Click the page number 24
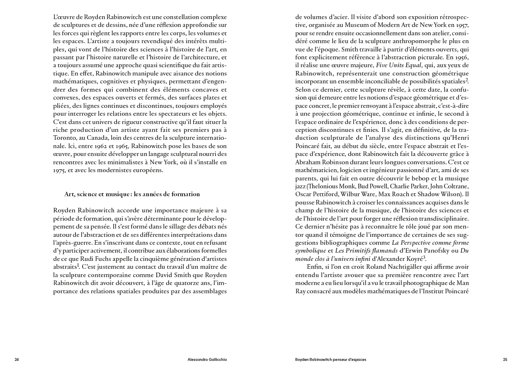pos(17,360)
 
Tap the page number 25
pos(505,360)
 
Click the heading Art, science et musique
pos(132,194)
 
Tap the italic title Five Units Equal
pos(398,65)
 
